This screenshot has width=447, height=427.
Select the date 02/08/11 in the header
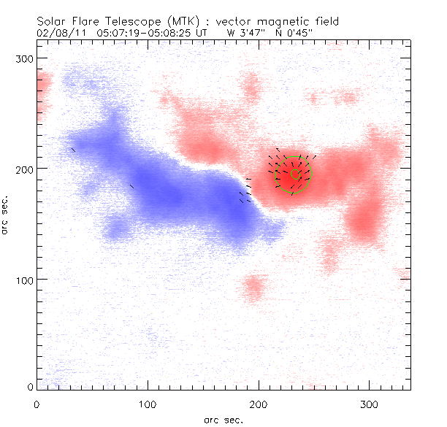pos(56,33)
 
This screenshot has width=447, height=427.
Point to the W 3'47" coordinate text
pos(248,33)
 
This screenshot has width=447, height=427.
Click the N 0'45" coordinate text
pos(307,33)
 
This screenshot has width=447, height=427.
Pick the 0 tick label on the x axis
pos(37,404)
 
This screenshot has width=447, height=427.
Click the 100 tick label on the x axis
pos(148,404)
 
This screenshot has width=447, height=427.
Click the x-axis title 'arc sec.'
pos(223,419)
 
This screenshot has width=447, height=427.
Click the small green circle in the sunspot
pos(296,174)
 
